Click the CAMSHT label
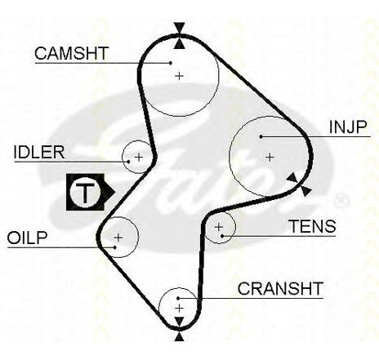click(72, 53)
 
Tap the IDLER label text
click(39, 153)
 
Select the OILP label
click(27, 238)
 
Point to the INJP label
click(348, 127)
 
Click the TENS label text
click(312, 226)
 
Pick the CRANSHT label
click(280, 288)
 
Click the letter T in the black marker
click(85, 193)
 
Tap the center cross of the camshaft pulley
click(179, 76)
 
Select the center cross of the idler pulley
click(139, 157)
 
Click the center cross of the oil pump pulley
click(118, 238)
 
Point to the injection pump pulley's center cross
click(270, 157)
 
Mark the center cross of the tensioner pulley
click(219, 227)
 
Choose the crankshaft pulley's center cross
click(179, 309)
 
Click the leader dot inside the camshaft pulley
click(171, 63)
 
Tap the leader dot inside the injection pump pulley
click(261, 136)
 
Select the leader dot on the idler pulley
click(128, 162)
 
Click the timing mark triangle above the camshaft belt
click(180, 28)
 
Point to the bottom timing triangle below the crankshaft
click(179, 336)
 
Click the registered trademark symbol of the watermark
click(341, 201)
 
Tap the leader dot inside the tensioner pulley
click(222, 236)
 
